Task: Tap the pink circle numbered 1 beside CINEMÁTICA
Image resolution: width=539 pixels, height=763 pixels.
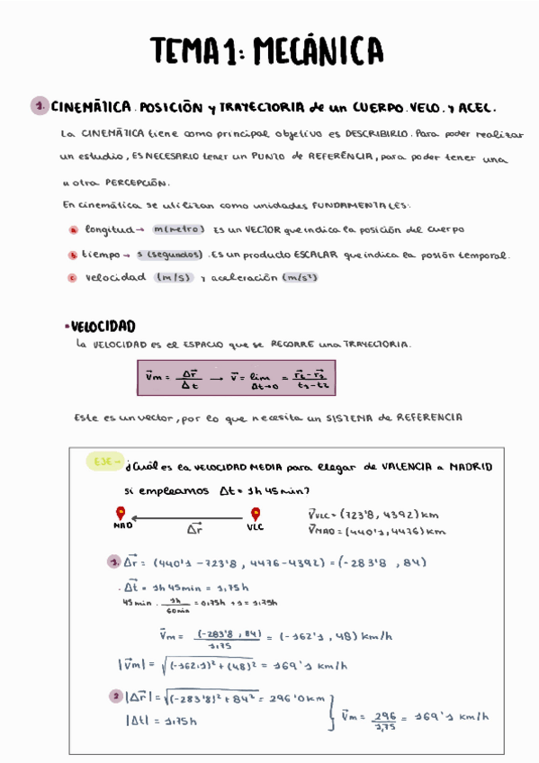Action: click(40, 106)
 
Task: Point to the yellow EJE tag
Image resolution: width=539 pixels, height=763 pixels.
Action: click(106, 462)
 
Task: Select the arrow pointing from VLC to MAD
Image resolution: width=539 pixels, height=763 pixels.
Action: click(188, 518)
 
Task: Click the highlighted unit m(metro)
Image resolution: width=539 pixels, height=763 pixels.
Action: click(180, 229)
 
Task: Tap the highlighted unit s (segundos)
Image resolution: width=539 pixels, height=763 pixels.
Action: click(174, 255)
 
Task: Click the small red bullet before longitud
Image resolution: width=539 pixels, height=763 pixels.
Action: click(73, 230)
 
